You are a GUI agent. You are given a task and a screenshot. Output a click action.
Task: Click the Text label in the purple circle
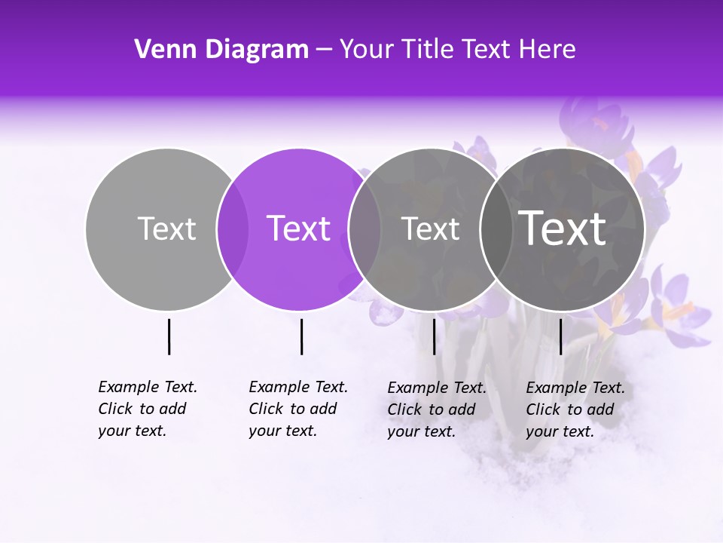(299, 229)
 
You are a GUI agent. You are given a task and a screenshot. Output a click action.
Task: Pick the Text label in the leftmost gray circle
(166, 229)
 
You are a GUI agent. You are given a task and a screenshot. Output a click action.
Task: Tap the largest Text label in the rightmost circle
(563, 228)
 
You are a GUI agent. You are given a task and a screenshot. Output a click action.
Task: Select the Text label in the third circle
(430, 229)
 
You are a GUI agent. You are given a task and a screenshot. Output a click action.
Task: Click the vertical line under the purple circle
(301, 336)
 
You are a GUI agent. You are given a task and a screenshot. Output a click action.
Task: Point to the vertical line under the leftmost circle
(169, 336)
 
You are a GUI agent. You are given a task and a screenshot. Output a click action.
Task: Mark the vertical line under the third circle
(434, 336)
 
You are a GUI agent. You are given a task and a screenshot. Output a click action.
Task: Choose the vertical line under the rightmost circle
(560, 336)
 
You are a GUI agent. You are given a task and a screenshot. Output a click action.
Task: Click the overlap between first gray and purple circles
(233, 229)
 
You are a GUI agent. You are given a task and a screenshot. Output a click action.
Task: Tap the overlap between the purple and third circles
(365, 229)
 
